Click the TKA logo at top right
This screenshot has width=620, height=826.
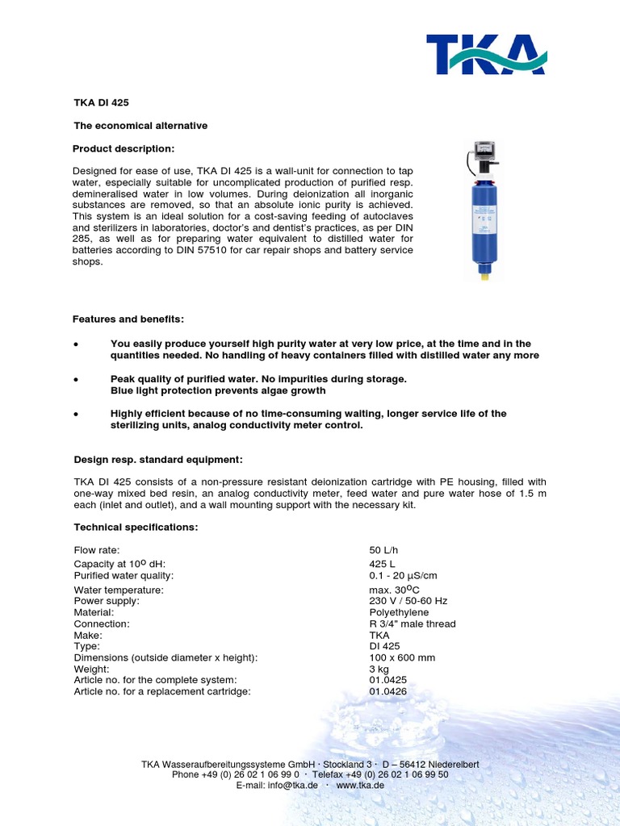(x=486, y=54)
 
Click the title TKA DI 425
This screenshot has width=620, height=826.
(x=101, y=102)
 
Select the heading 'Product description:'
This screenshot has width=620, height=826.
(x=124, y=148)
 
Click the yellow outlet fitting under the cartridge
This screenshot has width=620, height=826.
(x=485, y=275)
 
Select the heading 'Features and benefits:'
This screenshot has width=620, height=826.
(x=128, y=319)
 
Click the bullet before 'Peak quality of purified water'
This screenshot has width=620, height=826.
(x=75, y=379)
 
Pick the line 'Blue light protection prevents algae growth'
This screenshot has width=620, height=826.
(x=218, y=390)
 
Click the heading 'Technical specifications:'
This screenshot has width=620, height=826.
(x=136, y=527)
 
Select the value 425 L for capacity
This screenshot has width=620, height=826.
(x=382, y=564)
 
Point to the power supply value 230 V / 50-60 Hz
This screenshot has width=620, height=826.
(x=408, y=601)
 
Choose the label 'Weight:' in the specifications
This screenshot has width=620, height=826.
(x=91, y=669)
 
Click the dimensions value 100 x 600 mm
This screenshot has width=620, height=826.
(x=402, y=657)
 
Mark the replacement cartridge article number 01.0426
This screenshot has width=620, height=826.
(x=387, y=691)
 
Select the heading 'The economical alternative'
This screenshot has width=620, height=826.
(x=140, y=126)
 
